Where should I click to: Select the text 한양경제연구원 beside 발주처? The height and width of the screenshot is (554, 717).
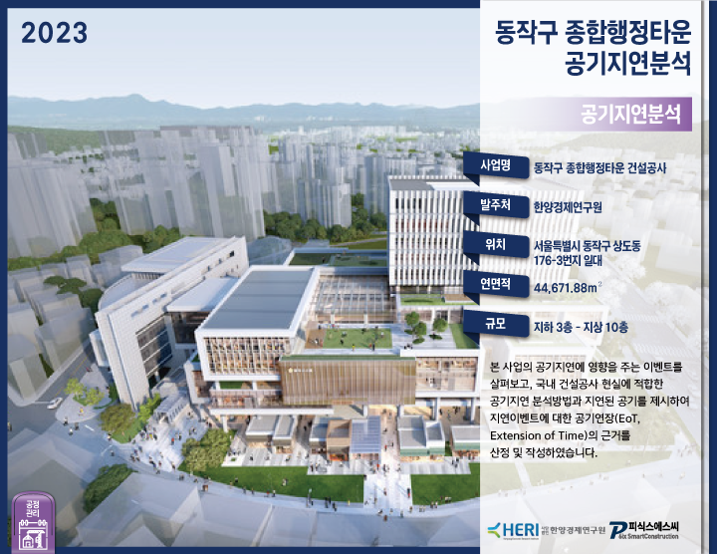pyautogui.click(x=575, y=208)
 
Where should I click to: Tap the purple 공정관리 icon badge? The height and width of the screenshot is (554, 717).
pyautogui.click(x=31, y=519)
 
